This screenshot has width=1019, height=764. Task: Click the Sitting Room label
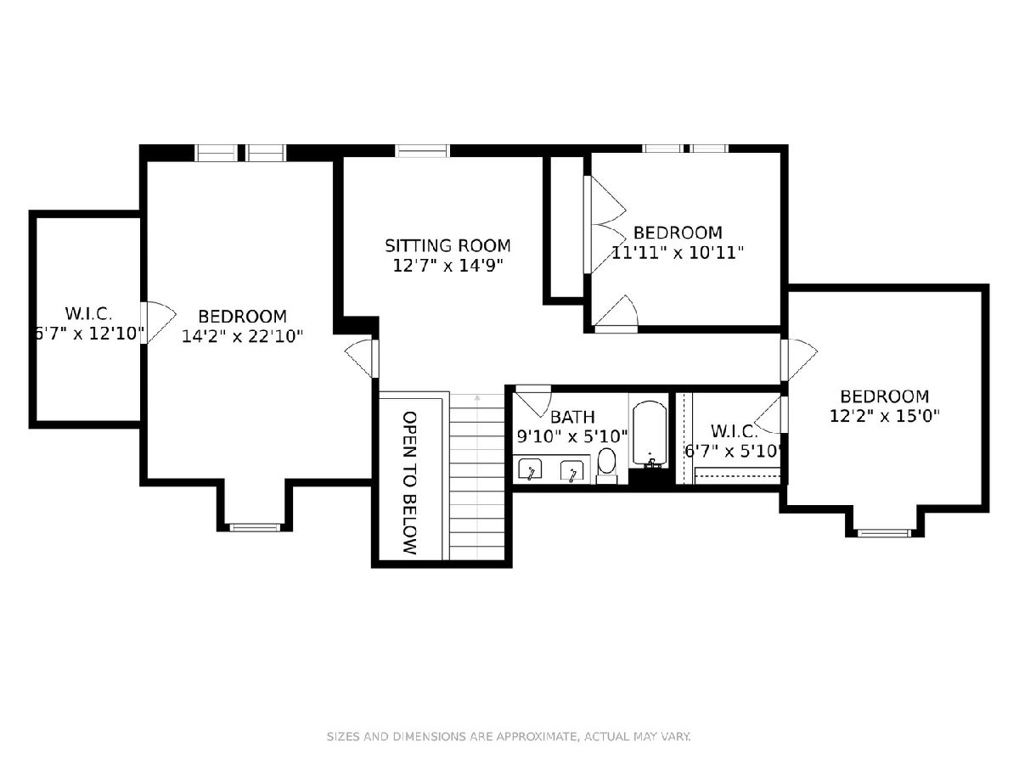pos(448,245)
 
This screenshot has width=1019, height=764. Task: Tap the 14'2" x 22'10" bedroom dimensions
pos(242,336)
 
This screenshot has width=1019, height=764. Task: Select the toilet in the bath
pos(606,466)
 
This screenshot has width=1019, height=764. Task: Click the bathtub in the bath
pos(649,434)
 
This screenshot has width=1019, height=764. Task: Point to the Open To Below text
pos(409,483)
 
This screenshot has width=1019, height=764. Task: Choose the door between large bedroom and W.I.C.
pos(158,323)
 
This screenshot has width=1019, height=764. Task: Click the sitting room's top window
pos(422,150)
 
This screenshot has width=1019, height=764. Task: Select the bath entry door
pos(533,401)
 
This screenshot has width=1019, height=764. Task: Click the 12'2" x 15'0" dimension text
pos(884,416)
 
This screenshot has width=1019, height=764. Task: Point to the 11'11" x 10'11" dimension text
pos(678,253)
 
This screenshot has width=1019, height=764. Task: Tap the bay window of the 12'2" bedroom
pos(884,533)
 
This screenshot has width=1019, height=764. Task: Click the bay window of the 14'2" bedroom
pos(256,527)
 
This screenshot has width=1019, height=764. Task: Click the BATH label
pos(572,417)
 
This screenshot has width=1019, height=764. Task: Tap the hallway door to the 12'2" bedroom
pos(798,360)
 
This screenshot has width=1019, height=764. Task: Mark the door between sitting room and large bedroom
pos(362,358)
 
